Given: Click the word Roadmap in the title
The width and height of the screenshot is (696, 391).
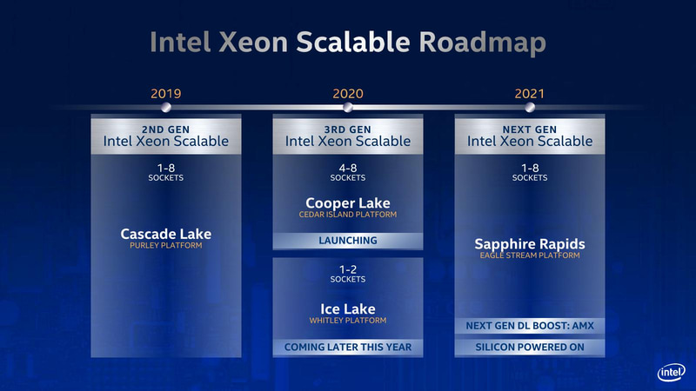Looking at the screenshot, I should click(480, 42).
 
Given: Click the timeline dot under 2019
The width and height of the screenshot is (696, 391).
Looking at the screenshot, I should click(165, 108).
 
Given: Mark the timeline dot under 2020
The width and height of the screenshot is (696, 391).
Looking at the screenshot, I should click(347, 108).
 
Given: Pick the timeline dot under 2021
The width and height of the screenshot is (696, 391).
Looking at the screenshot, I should click(529, 108).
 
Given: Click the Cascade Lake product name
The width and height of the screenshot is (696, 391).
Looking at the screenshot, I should click(165, 234).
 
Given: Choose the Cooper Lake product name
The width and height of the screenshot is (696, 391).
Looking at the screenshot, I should click(347, 203).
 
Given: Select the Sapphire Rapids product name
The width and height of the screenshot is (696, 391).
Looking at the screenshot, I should click(529, 244).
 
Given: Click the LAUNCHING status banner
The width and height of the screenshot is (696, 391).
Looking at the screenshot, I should click(347, 241).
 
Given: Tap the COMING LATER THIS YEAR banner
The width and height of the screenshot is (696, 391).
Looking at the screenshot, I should click(347, 348).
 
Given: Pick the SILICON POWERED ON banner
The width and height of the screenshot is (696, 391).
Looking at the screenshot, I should click(529, 348).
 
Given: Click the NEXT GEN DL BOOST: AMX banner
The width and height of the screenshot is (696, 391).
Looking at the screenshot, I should click(529, 326).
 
